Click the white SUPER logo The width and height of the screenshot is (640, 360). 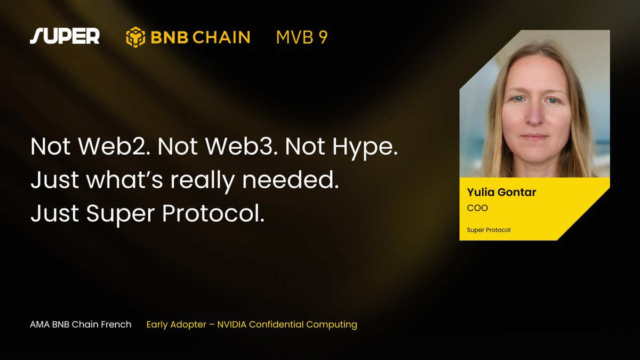click(65, 36)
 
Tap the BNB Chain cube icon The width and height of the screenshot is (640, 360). click(135, 37)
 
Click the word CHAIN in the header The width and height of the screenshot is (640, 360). click(221, 37)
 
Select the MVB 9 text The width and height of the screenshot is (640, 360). click(302, 37)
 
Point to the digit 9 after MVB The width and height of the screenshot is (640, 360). click(323, 37)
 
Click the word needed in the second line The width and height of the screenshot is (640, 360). click(290, 180)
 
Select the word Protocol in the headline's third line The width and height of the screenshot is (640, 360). click(213, 213)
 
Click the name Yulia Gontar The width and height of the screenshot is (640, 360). click(501, 192)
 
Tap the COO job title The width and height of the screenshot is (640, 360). click(477, 208)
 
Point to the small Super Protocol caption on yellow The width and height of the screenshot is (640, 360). click(489, 230)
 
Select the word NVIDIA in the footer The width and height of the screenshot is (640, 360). click(231, 325)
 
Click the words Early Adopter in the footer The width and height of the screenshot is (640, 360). click(177, 325)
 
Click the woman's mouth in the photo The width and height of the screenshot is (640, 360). click(534, 137)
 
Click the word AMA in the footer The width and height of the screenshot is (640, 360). click(39, 325)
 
